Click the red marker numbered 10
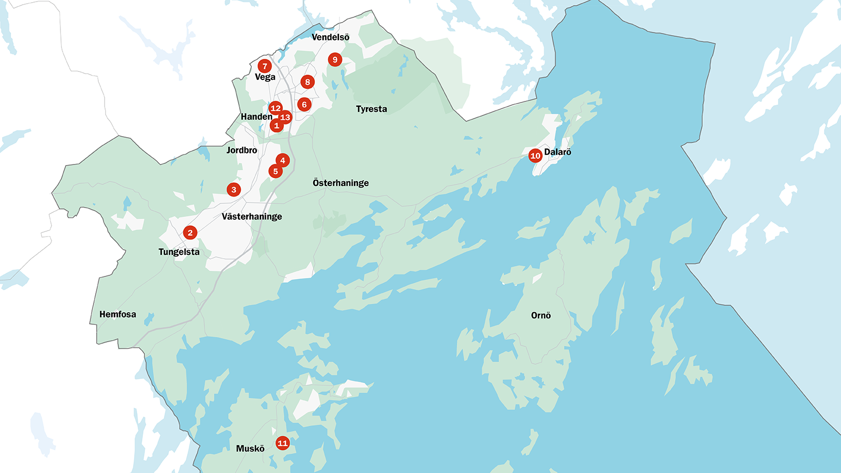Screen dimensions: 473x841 pos(535,156)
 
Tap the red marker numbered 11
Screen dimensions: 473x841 pos(282,443)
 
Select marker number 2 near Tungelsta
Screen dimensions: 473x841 pos(190,232)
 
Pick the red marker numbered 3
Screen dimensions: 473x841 pos(234,190)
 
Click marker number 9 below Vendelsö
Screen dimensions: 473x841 pos(335,59)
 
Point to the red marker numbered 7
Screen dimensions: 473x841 pos(264,66)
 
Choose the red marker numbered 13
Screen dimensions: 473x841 pos(285,117)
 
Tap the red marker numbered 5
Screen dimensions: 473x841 pos(275,171)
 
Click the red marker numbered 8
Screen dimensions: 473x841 pos(307,82)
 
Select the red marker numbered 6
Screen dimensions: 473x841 pos(304,105)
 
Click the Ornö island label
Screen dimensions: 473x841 pos(541,315)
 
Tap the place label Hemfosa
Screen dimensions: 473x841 pos(118,314)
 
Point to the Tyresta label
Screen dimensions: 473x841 pos(371,109)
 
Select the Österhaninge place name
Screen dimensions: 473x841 pos(341,183)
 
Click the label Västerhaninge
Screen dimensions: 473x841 pos(252,217)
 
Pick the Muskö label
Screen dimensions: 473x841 pos(250,448)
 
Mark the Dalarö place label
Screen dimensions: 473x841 pos(558,152)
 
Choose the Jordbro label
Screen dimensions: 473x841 pos(242,150)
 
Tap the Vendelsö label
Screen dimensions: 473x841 pos(330,37)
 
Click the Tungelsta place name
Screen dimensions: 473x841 pos(179,252)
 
